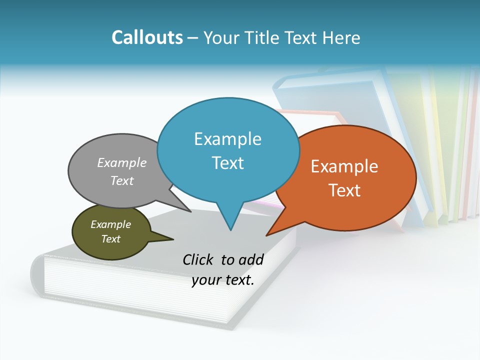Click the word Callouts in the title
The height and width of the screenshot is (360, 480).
coord(147,37)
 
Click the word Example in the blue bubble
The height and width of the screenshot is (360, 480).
coord(228,139)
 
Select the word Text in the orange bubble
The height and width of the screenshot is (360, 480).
coord(344,190)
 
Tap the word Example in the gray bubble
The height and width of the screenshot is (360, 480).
coord(122,162)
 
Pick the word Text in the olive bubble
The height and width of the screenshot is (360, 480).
coord(111,239)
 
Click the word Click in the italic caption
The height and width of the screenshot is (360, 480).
coord(198,259)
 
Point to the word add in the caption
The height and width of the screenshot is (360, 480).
coord(251,259)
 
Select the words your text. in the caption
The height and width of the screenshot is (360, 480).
coord(223,280)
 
